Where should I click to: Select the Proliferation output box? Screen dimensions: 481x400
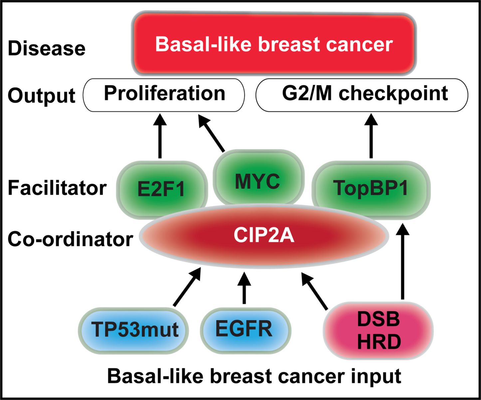[x=164, y=95]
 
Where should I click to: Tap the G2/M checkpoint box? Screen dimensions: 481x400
[x=362, y=95]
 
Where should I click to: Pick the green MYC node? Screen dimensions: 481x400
[x=258, y=177]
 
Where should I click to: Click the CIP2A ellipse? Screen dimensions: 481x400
[x=264, y=236]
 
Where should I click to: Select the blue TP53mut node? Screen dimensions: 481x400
[x=133, y=331]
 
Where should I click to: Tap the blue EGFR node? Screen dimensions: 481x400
[x=246, y=331]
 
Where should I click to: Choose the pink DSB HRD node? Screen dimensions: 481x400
[x=378, y=331]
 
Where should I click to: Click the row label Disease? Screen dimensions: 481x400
[x=47, y=48]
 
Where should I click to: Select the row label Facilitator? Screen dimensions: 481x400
[x=57, y=188]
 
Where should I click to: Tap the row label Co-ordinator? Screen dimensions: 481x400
[x=71, y=239]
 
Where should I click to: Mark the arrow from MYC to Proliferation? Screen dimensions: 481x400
[x=211, y=133]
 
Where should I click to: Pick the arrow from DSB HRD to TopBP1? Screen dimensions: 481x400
[x=402, y=261]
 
